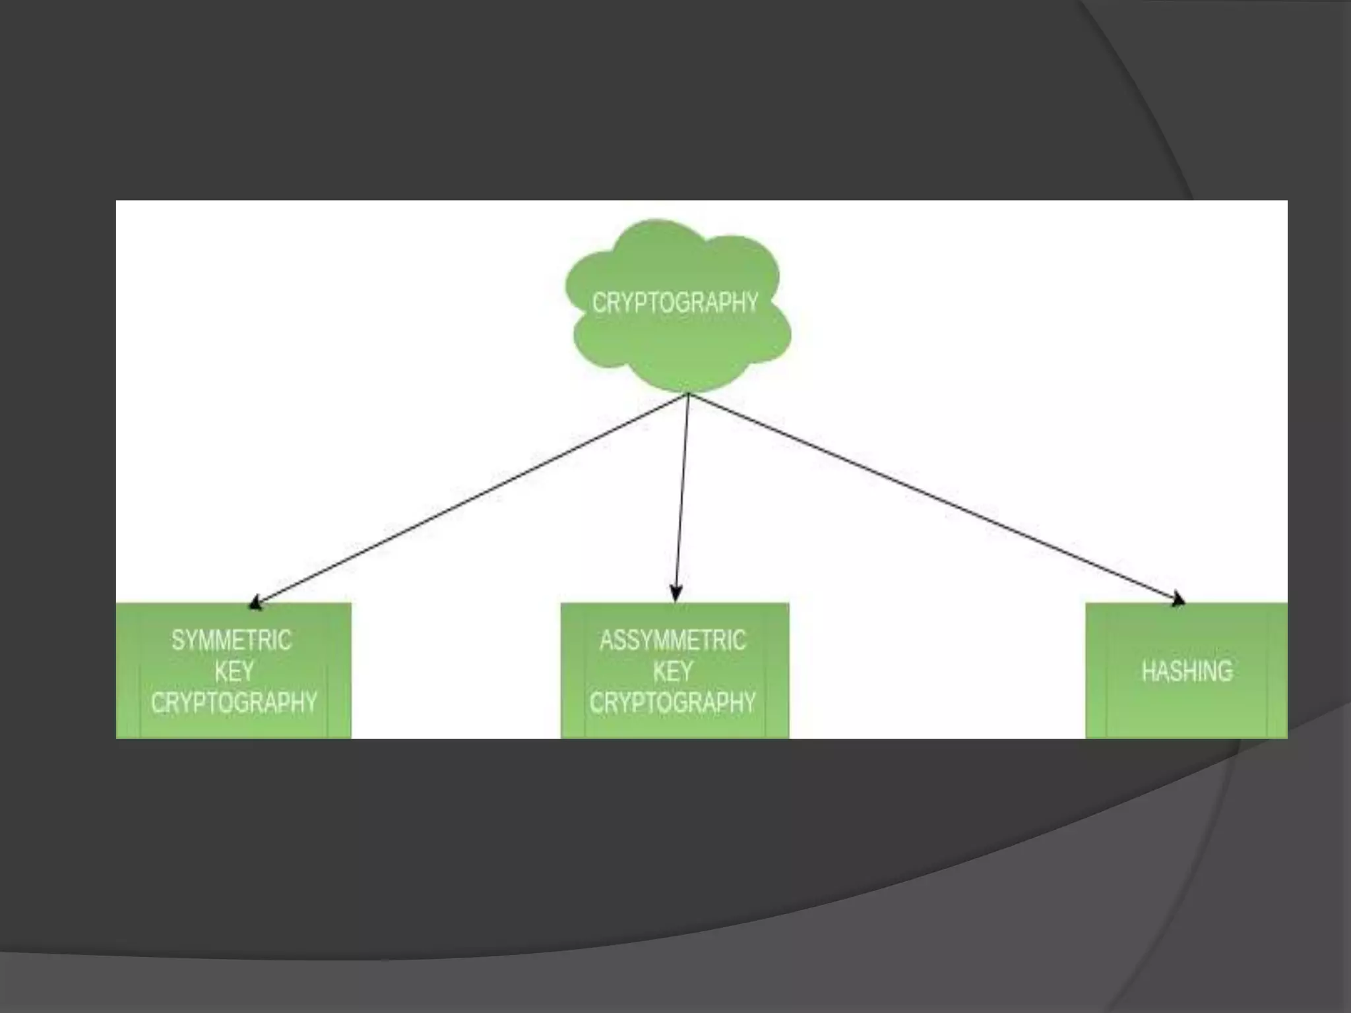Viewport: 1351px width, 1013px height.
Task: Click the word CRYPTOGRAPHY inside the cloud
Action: tap(675, 303)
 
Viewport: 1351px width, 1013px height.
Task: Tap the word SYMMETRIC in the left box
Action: tap(232, 640)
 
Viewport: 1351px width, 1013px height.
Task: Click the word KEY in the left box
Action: tap(234, 672)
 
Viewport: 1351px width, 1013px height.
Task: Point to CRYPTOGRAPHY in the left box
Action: tap(234, 703)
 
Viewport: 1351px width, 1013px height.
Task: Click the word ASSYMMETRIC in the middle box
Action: tap(673, 640)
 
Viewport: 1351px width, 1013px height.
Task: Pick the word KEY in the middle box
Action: tap(673, 672)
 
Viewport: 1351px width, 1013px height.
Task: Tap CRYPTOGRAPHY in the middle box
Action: tap(673, 703)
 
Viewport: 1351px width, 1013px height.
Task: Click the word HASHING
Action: tap(1187, 671)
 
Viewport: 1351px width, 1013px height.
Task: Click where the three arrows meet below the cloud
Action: tap(688, 395)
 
